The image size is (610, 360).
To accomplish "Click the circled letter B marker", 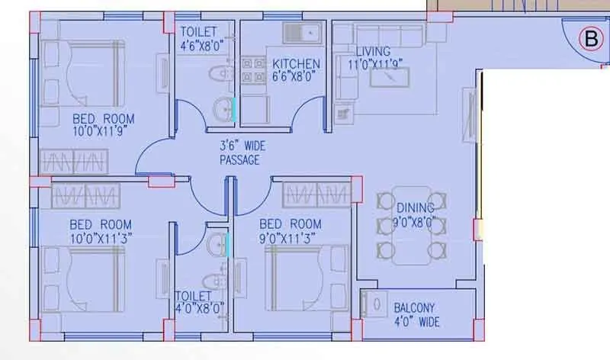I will [589, 38].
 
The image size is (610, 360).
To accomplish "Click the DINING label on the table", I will [416, 214].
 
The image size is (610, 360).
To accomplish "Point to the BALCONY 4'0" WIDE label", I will [416, 315].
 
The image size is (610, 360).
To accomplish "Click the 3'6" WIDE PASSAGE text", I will [239, 153].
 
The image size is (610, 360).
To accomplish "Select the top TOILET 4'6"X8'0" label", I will [201, 37].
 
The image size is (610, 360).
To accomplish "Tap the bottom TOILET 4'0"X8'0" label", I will [199, 301].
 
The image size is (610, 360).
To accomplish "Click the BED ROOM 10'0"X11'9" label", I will [103, 125].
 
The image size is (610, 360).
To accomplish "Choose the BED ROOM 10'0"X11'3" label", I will [100, 231].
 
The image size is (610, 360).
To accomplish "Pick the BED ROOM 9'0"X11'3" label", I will [290, 230].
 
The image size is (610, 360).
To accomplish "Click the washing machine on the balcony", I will [376, 305].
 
